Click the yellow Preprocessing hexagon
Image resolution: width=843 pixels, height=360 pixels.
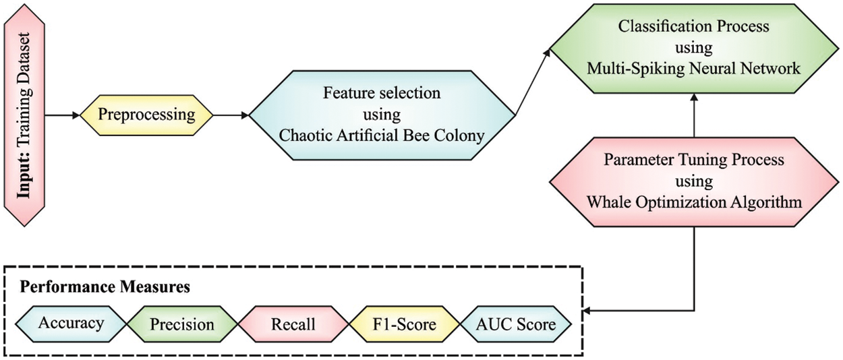point(146,115)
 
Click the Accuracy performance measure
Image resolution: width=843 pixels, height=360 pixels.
point(71,324)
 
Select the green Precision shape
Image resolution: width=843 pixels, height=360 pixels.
point(181,324)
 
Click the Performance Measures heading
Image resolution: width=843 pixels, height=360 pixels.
point(104,287)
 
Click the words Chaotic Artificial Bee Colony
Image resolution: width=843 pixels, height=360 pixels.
point(382,136)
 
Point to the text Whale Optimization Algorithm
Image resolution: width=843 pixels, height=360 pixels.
point(695,201)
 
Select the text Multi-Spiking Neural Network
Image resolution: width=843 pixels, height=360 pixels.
point(693,67)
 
